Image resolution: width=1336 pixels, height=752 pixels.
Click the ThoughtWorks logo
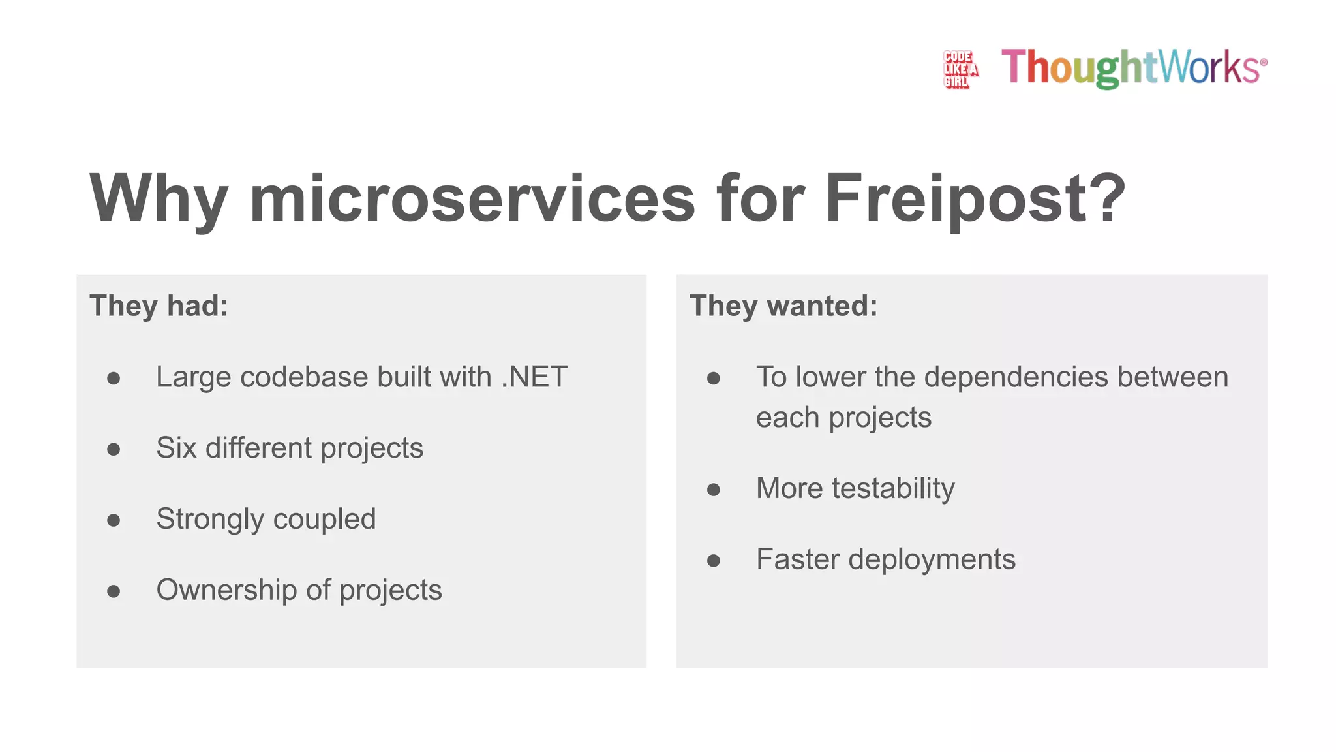point(1134,67)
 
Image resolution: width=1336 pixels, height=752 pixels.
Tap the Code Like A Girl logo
point(960,69)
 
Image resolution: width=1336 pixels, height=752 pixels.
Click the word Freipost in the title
point(975,198)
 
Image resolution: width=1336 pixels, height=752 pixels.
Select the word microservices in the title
point(472,198)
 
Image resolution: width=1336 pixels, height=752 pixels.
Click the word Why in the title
point(159,198)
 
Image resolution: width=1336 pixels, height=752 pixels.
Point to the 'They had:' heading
point(159,305)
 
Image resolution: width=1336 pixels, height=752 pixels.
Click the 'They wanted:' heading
point(783,305)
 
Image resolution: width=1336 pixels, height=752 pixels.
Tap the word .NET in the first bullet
point(534,377)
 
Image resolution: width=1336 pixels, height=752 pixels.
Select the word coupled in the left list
point(324,520)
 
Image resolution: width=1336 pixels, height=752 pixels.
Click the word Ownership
point(226,590)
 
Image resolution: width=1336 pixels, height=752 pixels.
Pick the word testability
point(893,488)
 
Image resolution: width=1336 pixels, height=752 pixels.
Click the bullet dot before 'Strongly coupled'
point(114,520)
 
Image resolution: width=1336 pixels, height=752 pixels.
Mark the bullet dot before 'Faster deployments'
point(714,560)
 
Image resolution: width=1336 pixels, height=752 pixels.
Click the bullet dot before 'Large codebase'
point(114,378)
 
